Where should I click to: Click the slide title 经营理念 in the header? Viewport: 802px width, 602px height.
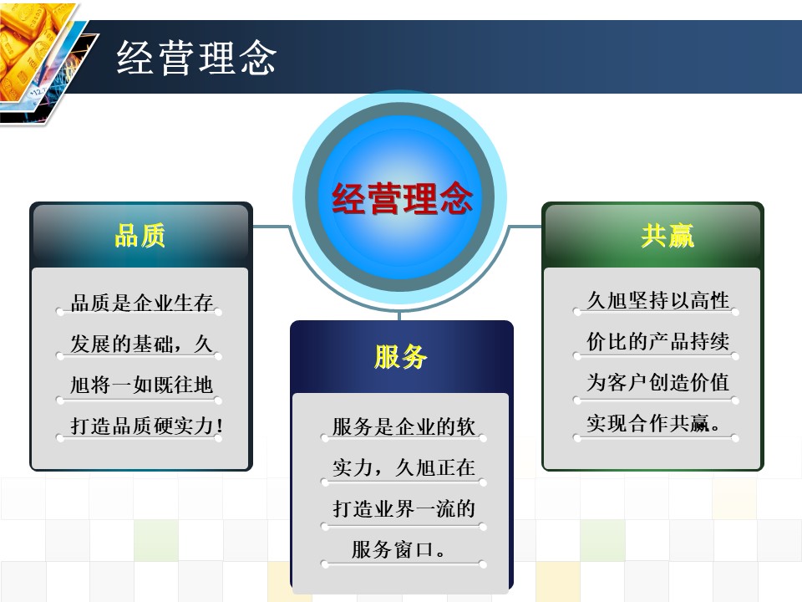pyautogui.click(x=196, y=59)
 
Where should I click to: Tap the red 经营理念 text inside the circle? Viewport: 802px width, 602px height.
pyautogui.click(x=403, y=200)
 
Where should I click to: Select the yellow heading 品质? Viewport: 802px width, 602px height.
pyautogui.click(x=140, y=237)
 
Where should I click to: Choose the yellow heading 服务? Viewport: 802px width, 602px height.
pyautogui.click(x=401, y=357)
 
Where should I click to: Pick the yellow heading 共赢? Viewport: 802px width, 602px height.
pyautogui.click(x=667, y=237)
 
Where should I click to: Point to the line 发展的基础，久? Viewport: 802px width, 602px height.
pyautogui.click(x=140, y=344)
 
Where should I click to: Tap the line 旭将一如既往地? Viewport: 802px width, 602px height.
pyautogui.click(x=140, y=385)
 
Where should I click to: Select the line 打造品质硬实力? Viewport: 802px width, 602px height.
pyautogui.click(x=146, y=426)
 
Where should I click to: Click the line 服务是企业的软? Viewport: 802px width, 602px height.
pyautogui.click(x=404, y=426)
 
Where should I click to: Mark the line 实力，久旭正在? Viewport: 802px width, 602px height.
pyautogui.click(x=404, y=467)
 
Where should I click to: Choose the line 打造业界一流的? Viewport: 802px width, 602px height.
pyautogui.click(x=404, y=508)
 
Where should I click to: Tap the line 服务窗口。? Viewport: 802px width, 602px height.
pyautogui.click(x=398, y=549)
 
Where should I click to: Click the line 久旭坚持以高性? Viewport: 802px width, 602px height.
pyautogui.click(x=657, y=300)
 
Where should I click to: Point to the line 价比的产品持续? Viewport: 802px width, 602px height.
pyautogui.click(x=657, y=341)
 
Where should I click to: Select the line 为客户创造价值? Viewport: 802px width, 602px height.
pyautogui.click(x=657, y=382)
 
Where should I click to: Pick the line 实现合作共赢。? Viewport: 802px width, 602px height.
pyautogui.click(x=652, y=423)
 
